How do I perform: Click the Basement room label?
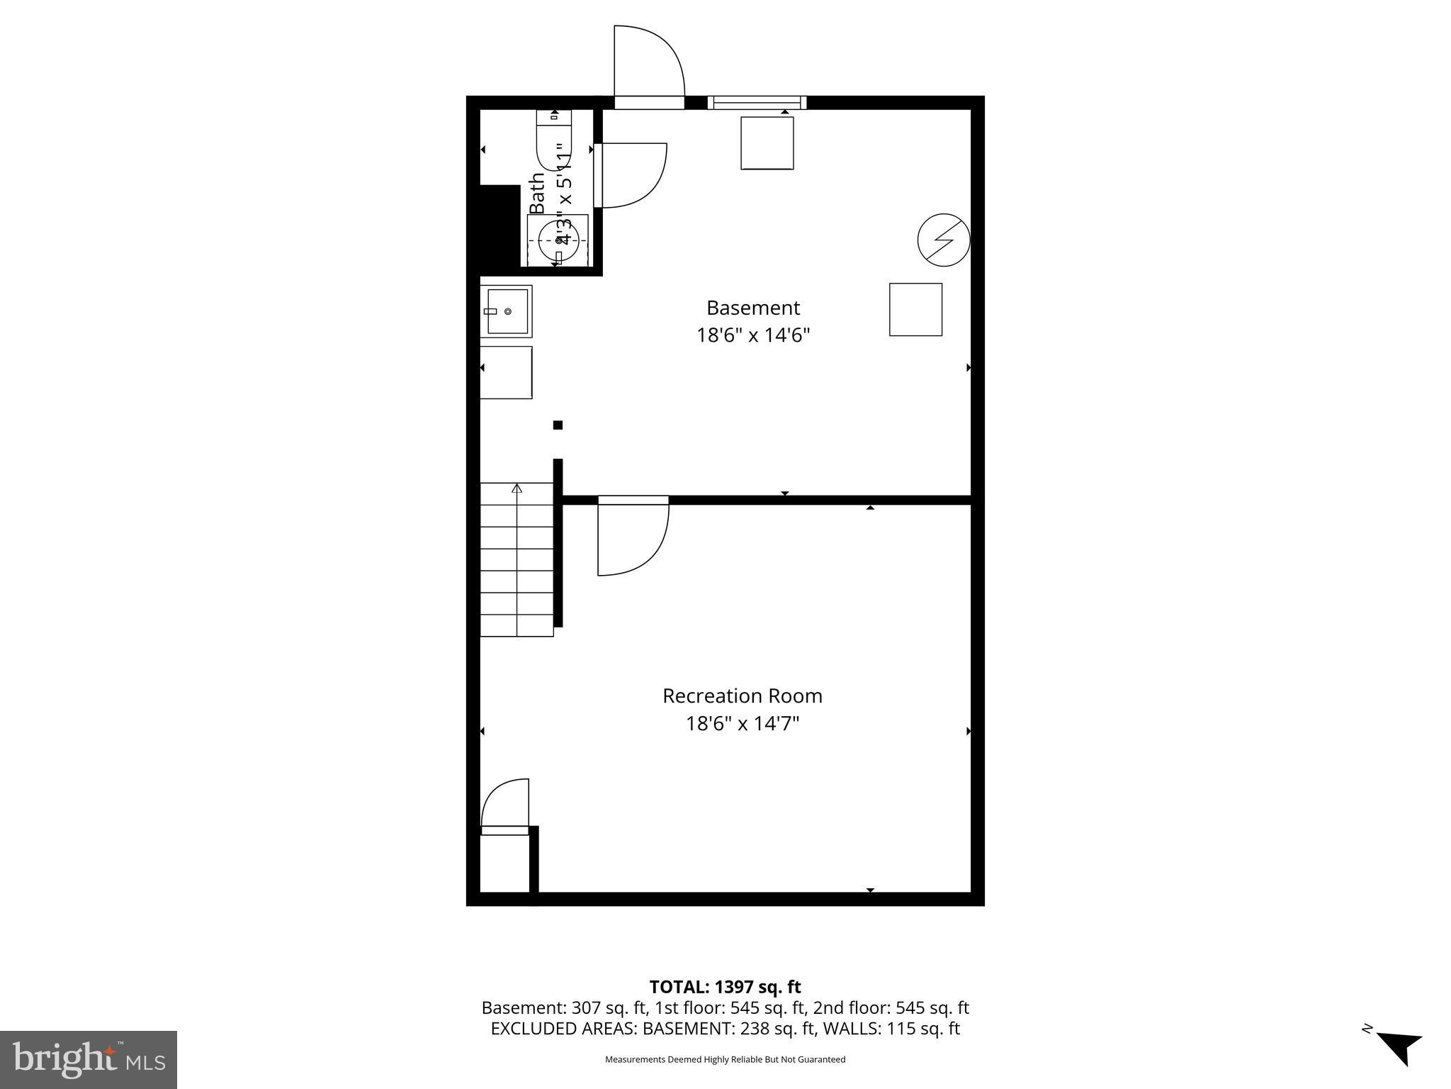click(x=752, y=308)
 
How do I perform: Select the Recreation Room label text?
click(x=742, y=696)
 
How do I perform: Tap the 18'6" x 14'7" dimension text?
click(x=742, y=724)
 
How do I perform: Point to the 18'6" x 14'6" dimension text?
click(x=752, y=335)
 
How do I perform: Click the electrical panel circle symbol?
click(x=943, y=240)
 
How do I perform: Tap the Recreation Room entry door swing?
click(x=632, y=537)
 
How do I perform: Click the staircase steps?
click(x=516, y=559)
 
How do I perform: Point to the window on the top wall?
click(x=757, y=103)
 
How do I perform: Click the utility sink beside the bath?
click(x=505, y=311)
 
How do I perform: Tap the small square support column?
click(x=558, y=425)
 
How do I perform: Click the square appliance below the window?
click(x=767, y=143)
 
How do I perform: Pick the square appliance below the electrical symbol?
click(x=915, y=310)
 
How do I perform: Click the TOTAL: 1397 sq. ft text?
click(x=725, y=987)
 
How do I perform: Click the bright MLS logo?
click(x=89, y=1060)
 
